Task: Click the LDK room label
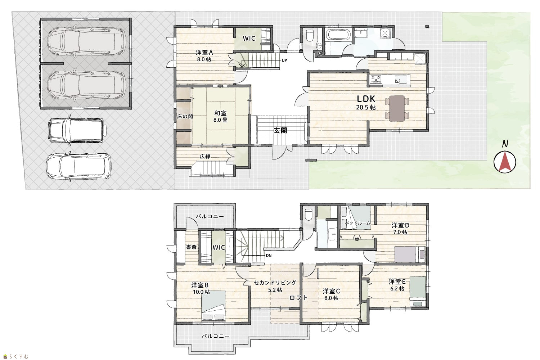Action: pos(366,99)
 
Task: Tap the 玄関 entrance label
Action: pos(280,130)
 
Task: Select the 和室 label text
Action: pos(220,113)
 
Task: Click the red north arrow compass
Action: pos(505,162)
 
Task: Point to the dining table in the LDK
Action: pos(397,108)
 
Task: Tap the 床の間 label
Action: pos(185,117)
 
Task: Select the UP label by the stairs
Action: pos(284,60)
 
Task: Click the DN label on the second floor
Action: pos(269,255)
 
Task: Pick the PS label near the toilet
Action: pos(320,54)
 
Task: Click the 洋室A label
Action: pos(204,52)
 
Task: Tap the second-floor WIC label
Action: pos(219,247)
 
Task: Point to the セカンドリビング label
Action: pos(275,283)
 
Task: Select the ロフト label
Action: pos(298,298)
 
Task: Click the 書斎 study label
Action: pos(192,247)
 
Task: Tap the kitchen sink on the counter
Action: pos(401,79)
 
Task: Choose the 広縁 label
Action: pos(205,156)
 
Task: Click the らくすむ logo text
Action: pos(19,356)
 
